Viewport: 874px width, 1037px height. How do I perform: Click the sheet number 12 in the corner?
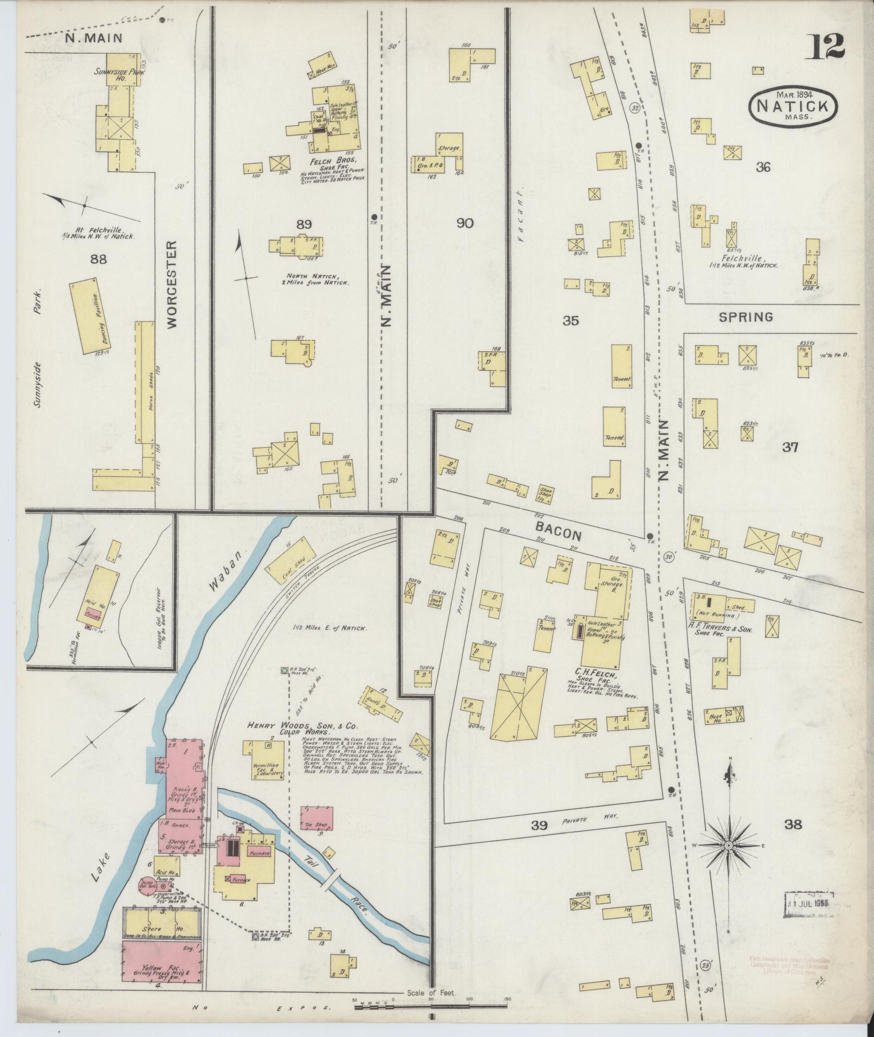(x=827, y=47)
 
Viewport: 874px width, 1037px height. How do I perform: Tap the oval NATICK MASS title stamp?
(x=793, y=106)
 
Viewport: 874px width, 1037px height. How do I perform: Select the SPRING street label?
(x=746, y=317)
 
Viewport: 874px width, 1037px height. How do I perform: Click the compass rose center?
(x=729, y=860)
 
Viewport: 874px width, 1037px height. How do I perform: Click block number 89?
(x=302, y=223)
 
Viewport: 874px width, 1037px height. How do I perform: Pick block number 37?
(x=790, y=447)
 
